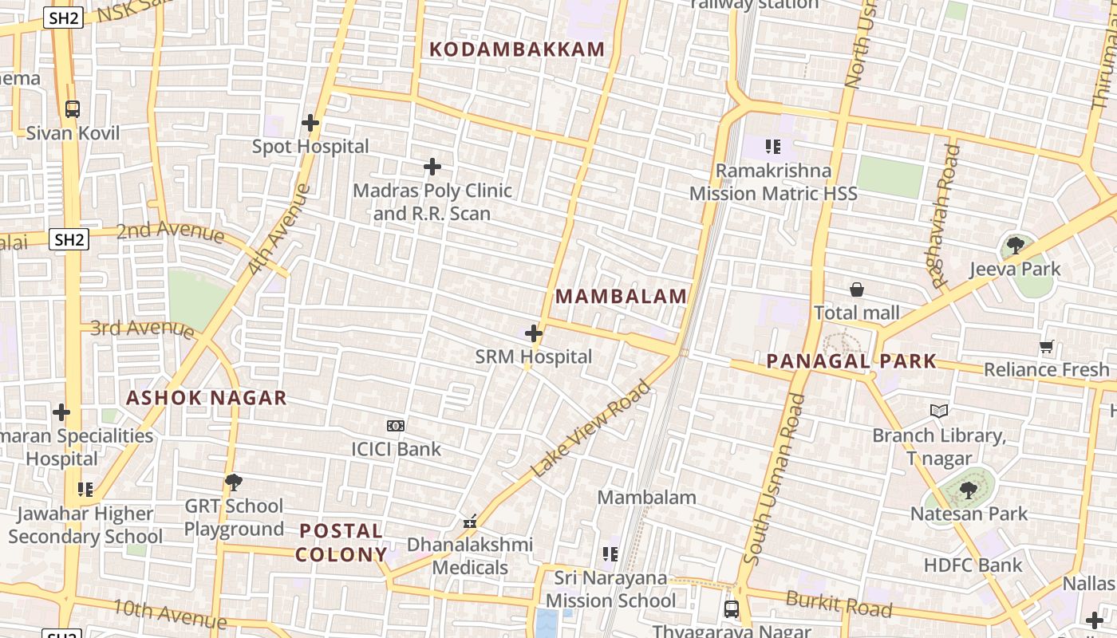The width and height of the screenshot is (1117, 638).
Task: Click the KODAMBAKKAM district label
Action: (517, 49)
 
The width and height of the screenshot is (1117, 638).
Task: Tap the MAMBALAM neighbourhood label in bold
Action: (621, 297)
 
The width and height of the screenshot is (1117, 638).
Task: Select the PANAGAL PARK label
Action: (851, 361)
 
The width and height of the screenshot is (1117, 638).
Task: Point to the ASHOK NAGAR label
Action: (207, 398)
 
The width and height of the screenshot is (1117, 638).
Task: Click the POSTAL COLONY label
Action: (341, 542)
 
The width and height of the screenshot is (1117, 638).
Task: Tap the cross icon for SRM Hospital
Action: (534, 333)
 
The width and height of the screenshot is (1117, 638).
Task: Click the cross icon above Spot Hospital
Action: (310, 123)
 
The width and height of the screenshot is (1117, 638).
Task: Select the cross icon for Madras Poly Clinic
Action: (432, 167)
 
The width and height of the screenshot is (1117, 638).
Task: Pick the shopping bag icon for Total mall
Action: (857, 289)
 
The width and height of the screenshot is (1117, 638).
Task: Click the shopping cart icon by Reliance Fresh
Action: (1047, 347)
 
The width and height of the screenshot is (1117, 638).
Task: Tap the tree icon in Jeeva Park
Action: (1015, 246)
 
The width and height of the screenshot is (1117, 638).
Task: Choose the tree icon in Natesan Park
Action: (969, 490)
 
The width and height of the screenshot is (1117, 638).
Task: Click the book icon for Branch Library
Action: (939, 412)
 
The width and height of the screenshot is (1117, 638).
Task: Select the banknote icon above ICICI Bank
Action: (396, 426)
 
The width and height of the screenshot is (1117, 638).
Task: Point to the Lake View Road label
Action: (590, 429)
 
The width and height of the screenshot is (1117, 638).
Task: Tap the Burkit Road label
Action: (838, 604)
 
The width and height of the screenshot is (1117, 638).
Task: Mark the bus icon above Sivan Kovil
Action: (73, 109)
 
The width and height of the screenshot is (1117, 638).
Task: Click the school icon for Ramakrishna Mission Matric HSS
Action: (772, 147)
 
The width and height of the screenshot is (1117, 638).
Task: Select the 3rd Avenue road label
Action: (142, 328)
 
